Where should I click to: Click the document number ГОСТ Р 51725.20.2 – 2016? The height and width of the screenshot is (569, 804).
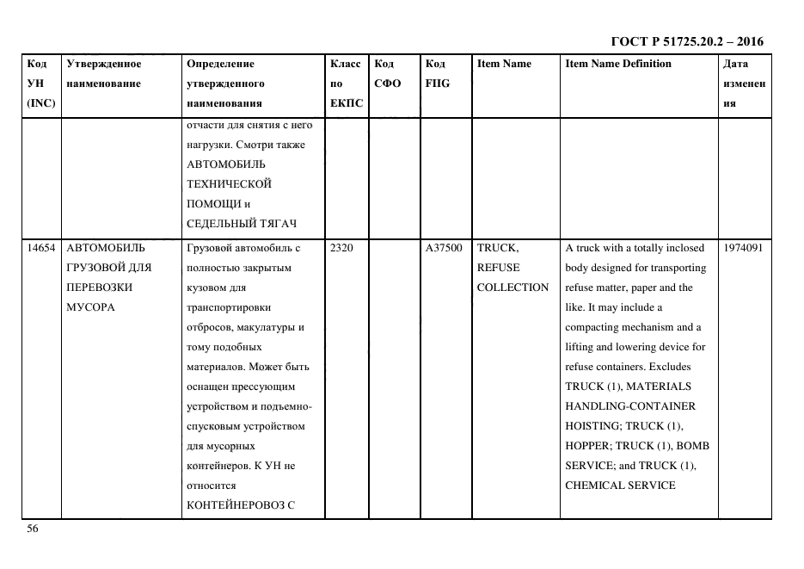[x=686, y=41]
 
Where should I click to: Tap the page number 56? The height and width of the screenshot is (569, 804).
[x=33, y=529]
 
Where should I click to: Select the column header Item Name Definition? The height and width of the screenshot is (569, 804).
[x=617, y=64]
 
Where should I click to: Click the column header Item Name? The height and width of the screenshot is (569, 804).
[x=504, y=64]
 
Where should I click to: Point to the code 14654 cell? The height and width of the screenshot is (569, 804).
[x=40, y=248]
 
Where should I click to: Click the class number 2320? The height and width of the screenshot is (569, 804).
[x=342, y=248]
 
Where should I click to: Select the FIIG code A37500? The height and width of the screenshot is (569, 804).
[x=444, y=248]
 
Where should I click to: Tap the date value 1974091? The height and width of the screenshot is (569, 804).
[x=744, y=248]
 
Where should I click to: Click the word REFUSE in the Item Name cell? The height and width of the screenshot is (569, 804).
[x=498, y=268]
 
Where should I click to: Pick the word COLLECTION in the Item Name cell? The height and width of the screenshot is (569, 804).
[x=512, y=288]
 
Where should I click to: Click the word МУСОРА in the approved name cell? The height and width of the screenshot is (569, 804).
[x=89, y=307]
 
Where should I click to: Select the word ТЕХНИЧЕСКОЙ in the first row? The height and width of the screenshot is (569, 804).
[x=229, y=184]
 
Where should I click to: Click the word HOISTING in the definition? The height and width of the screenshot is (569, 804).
[x=592, y=426]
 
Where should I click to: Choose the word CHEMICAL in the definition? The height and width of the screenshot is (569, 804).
[x=595, y=486]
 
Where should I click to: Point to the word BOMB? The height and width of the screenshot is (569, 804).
[x=691, y=446]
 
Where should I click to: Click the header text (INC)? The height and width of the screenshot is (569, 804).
[x=41, y=103]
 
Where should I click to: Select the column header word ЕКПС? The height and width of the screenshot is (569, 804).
[x=347, y=103]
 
